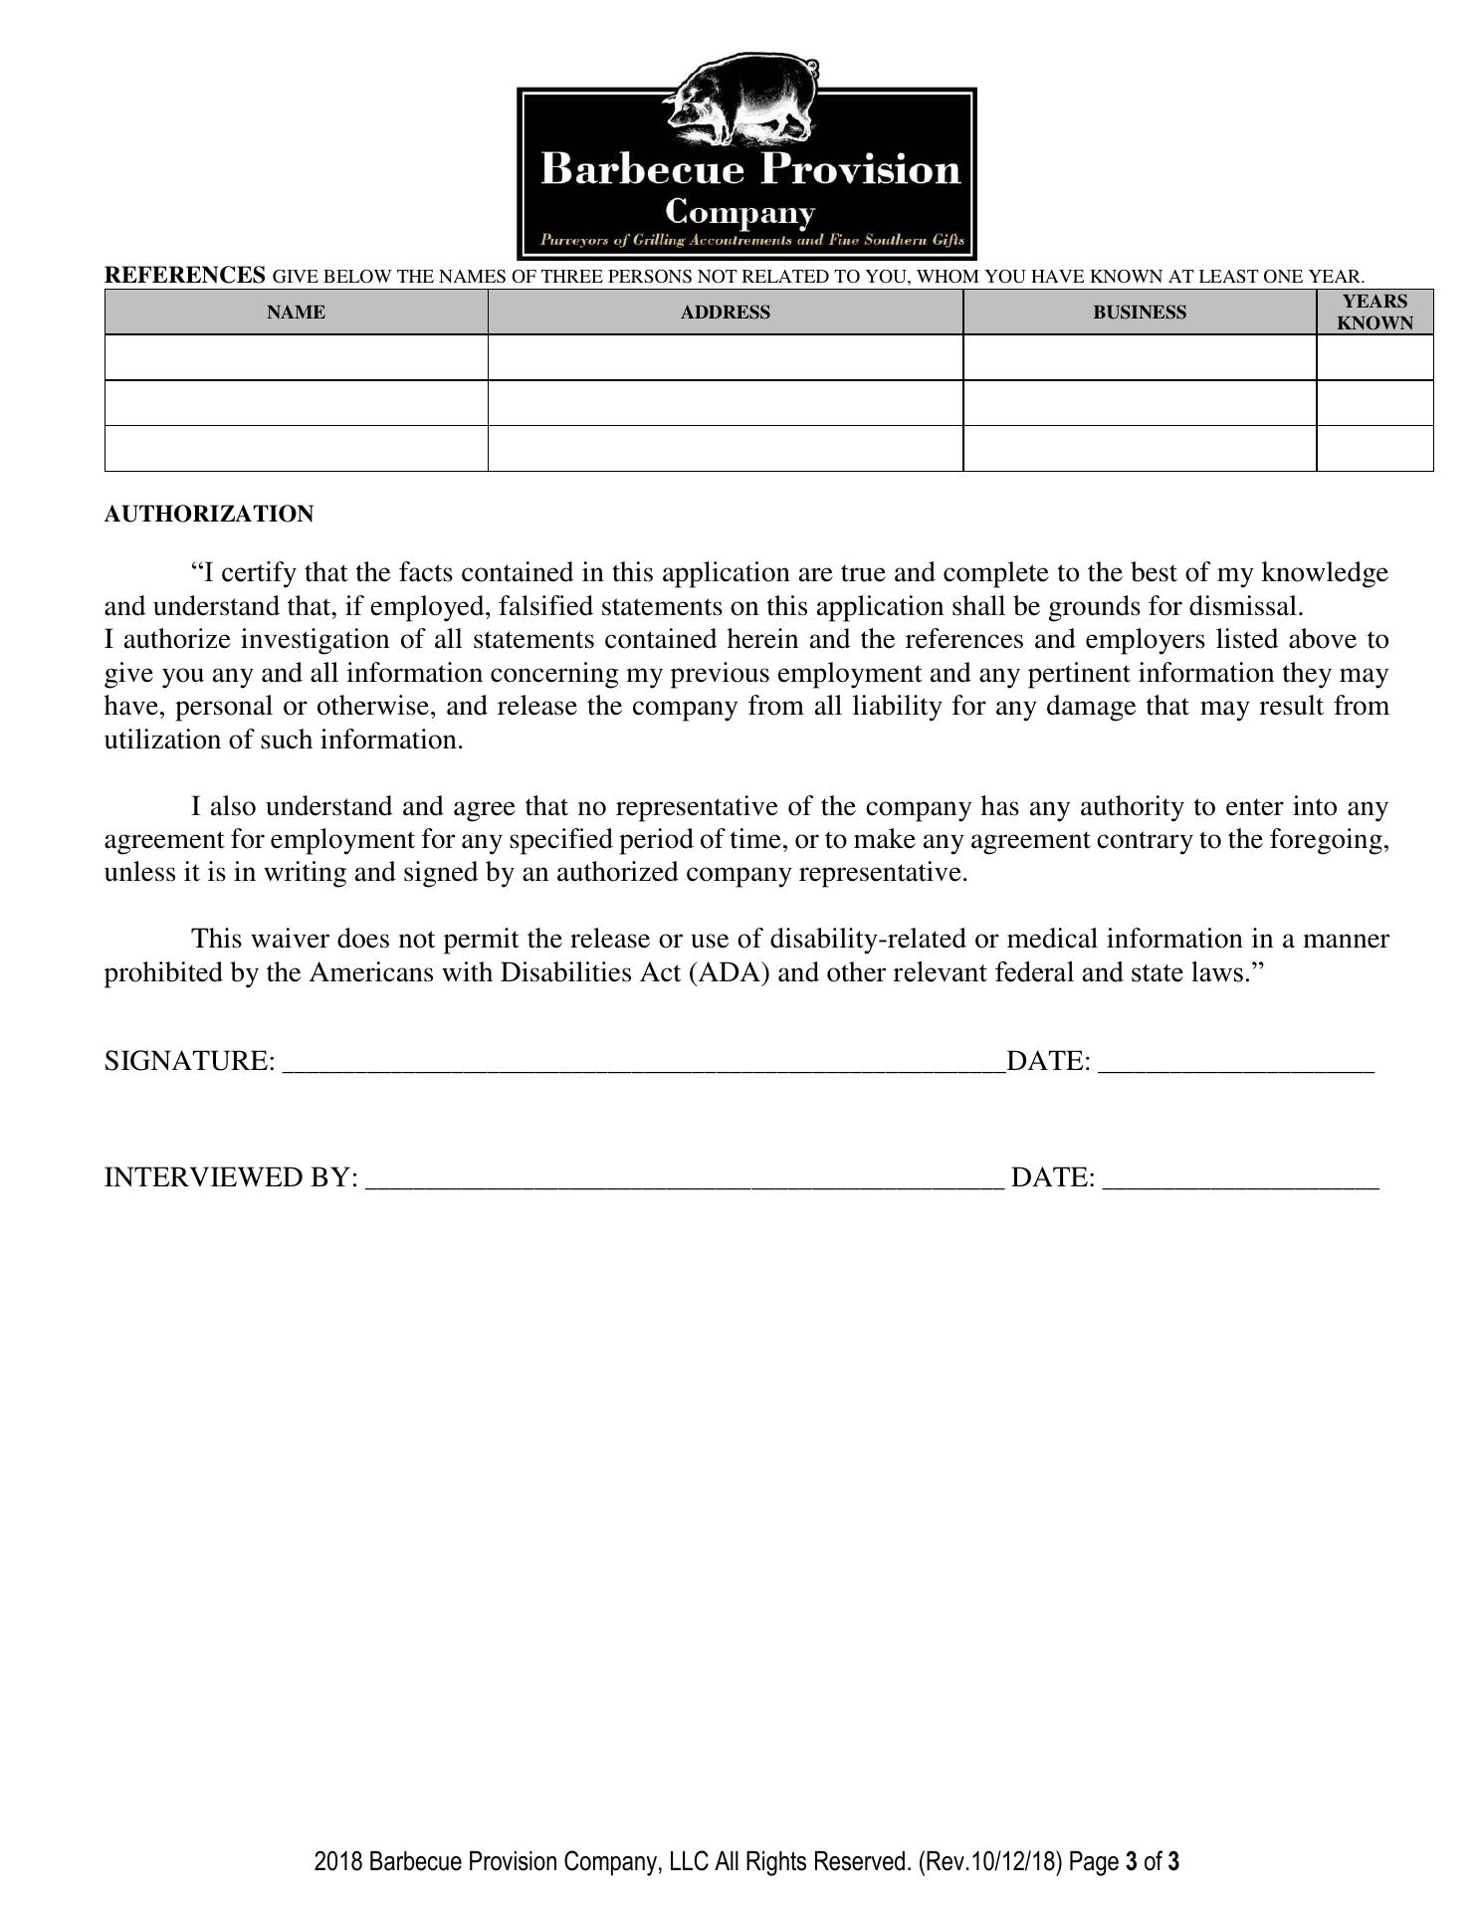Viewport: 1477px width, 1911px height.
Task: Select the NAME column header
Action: coord(296,313)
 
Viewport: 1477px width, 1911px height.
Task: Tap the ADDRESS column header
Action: coord(725,313)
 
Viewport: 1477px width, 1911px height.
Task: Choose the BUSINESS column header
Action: coord(1140,313)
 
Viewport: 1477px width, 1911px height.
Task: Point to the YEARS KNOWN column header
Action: coord(1374,313)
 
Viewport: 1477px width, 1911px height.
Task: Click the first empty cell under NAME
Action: coord(296,357)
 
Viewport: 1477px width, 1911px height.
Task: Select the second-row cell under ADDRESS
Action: coord(725,403)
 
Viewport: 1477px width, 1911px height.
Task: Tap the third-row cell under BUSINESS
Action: coord(1140,449)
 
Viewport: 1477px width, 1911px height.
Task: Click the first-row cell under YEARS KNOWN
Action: coord(1374,357)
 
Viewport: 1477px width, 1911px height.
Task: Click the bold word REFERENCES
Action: coord(185,275)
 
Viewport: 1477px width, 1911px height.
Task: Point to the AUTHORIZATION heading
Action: coord(209,515)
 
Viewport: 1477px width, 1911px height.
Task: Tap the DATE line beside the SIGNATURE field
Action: coord(1236,1063)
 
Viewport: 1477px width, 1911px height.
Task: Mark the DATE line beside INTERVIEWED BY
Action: coord(1241,1179)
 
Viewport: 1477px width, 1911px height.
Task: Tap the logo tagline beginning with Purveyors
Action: coord(751,241)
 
